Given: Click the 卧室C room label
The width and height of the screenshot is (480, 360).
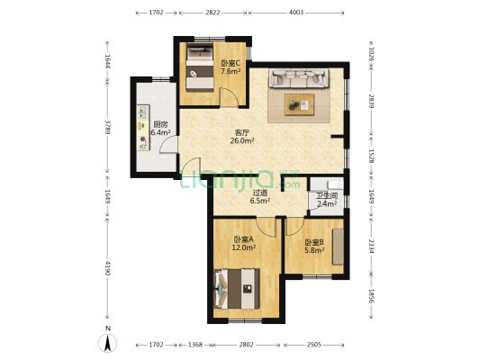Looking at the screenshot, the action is (x=231, y=64).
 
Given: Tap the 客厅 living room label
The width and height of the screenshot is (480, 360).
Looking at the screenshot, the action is (x=242, y=132).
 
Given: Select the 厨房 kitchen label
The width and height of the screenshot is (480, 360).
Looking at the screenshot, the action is (x=160, y=124).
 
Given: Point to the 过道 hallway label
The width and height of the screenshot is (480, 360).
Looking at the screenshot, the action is (x=260, y=193).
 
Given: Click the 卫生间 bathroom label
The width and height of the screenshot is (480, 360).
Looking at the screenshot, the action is (x=327, y=196).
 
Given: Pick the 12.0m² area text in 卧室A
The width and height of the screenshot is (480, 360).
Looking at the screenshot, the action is (x=244, y=247).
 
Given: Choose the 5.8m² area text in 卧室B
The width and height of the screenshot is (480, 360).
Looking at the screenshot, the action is (x=314, y=250).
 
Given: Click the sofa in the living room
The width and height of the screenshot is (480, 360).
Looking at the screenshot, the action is (x=299, y=78).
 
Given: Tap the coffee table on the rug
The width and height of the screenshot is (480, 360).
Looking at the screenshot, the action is (x=299, y=104).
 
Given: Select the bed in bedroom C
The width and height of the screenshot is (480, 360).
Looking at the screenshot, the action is (x=200, y=67).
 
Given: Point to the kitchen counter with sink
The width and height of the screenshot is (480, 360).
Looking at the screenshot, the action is (x=143, y=128).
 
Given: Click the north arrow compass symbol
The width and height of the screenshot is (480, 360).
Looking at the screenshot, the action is (x=107, y=343).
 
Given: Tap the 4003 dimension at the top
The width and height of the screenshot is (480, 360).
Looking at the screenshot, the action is (x=296, y=13).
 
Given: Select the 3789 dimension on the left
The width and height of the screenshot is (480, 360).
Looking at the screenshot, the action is (x=107, y=127).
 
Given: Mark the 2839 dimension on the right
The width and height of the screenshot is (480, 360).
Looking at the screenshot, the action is (x=371, y=101).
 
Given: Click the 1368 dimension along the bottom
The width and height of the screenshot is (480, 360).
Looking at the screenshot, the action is (x=195, y=345).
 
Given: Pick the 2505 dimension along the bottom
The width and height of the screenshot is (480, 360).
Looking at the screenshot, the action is (x=313, y=345).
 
